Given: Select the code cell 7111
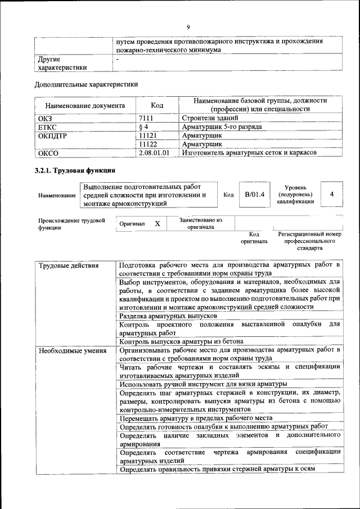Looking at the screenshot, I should pyautogui.click(x=147, y=118).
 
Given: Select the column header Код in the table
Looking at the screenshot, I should pyautogui.click(x=157, y=105).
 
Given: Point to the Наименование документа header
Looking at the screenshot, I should pyautogui.click(x=85, y=105).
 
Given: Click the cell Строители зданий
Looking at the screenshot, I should pyautogui.click(x=210, y=118).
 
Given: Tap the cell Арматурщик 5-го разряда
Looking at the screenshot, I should pyautogui.click(x=222, y=127).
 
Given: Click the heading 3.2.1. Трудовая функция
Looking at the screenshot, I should pyautogui.click(x=75, y=169).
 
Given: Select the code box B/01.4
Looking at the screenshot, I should pyautogui.click(x=254, y=195).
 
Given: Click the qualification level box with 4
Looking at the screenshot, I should pyautogui.click(x=332, y=195).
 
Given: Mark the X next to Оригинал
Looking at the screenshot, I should pyautogui.click(x=157, y=223).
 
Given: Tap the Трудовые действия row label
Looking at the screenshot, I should pyautogui.click(x=68, y=265).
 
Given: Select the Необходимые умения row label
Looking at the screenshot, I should pyautogui.click(x=72, y=351).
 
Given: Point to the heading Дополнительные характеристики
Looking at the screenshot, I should pyautogui.click(x=86, y=85).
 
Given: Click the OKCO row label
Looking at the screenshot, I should pyautogui.click(x=48, y=152).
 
